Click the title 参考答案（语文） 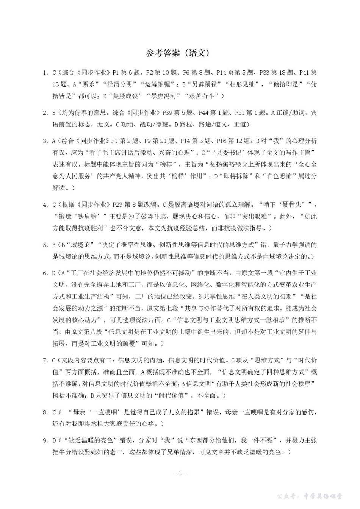[178, 53]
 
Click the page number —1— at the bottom [180, 473]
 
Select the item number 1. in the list [45, 73]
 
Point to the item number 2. [45, 112]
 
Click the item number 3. [45, 141]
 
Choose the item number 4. [45, 205]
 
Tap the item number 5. [45, 245]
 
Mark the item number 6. [45, 273]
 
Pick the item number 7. [45, 361]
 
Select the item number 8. [45, 412]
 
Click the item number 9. [45, 440]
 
